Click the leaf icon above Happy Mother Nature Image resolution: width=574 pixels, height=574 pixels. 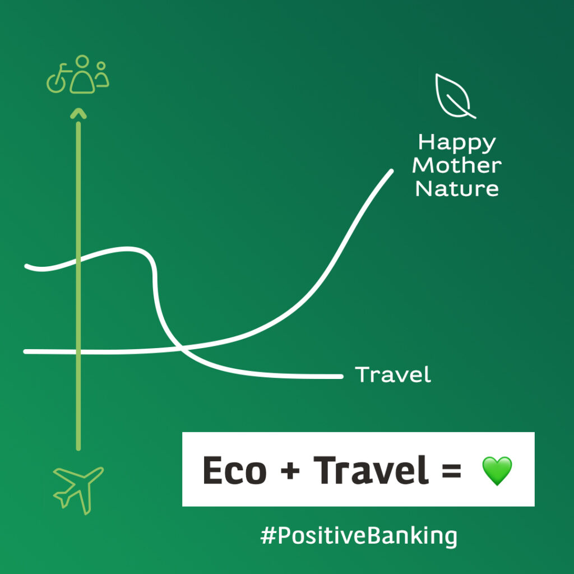click(454, 96)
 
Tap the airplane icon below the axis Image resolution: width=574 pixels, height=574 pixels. click(78, 489)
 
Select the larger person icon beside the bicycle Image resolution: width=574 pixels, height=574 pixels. click(83, 75)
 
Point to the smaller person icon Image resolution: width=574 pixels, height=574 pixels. click(102, 75)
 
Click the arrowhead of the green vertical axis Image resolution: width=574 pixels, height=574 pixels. click(78, 113)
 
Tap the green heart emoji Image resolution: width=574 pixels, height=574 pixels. click(497, 471)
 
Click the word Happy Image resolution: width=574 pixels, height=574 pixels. click(457, 143)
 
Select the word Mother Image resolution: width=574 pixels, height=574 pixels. click(457, 165)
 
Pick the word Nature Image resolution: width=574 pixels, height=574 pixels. click(457, 188)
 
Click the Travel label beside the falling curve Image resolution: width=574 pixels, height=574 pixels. click(393, 374)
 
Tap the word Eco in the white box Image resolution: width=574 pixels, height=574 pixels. click(235, 470)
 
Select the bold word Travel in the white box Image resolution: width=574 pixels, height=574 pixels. click(371, 470)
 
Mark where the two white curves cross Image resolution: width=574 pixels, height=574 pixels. click(180, 347)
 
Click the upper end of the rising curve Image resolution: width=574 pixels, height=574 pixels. click(391, 171)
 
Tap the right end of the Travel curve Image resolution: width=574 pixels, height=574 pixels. click(341, 376)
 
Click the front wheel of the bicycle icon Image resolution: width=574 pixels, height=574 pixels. click(55, 84)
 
